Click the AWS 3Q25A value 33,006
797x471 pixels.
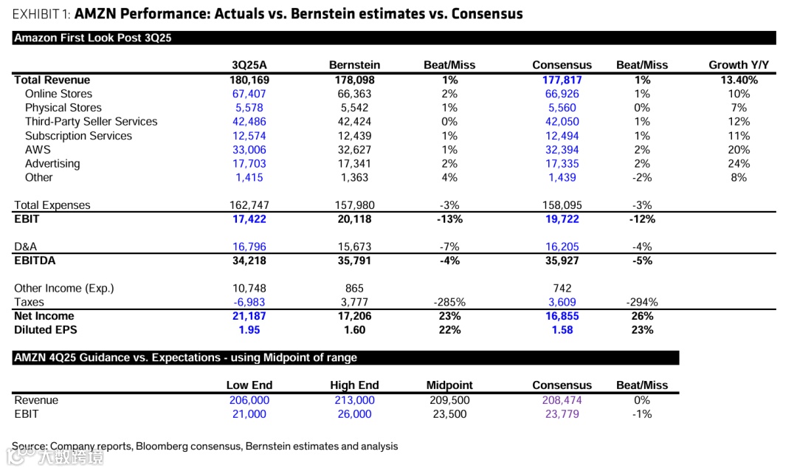tap(249, 150)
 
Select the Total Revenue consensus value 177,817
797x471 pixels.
tap(562, 80)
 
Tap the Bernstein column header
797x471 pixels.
tap(354, 65)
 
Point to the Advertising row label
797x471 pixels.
tap(54, 164)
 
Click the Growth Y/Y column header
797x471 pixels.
tap(739, 65)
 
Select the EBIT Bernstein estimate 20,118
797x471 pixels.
tap(354, 219)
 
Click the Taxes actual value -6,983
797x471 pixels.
tap(249, 302)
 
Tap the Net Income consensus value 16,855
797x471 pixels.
tap(562, 316)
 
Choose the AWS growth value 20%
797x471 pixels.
tap(739, 150)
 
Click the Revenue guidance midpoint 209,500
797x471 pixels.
tap(449, 400)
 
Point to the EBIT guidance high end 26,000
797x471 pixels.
tap(354, 414)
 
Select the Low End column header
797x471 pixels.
tap(249, 385)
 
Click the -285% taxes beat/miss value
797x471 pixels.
tap(449, 302)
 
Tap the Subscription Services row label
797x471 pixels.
tap(78, 136)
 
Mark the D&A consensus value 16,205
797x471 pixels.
tap(562, 247)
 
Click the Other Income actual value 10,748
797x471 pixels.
tap(249, 288)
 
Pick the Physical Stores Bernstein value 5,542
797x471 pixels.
tap(354, 108)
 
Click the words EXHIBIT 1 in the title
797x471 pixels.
tap(41, 14)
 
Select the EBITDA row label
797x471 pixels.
tap(35, 261)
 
